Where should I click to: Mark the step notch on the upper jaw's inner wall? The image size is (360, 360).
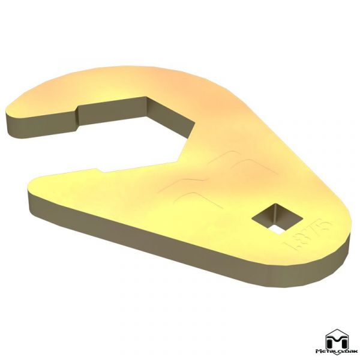coord(78,110)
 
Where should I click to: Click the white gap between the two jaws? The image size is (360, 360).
coord(108,144)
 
